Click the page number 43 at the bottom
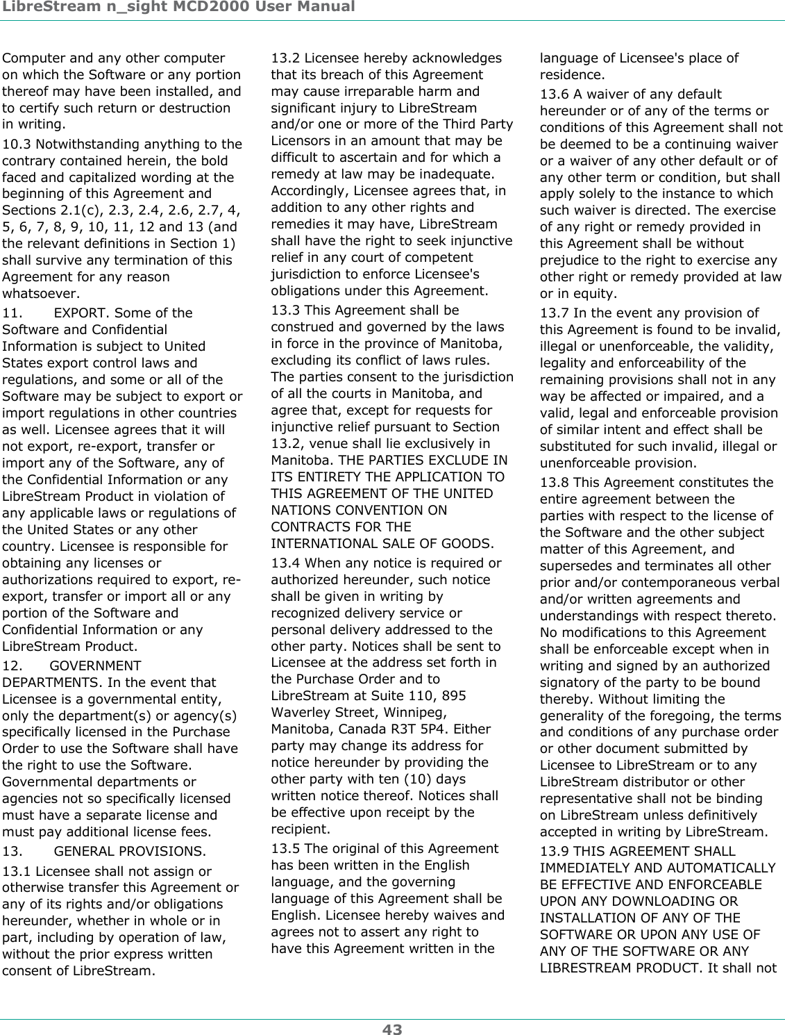(x=392, y=1029)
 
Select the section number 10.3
(x=17, y=144)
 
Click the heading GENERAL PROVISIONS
(x=129, y=852)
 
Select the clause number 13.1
(x=17, y=871)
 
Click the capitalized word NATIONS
(x=296, y=511)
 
